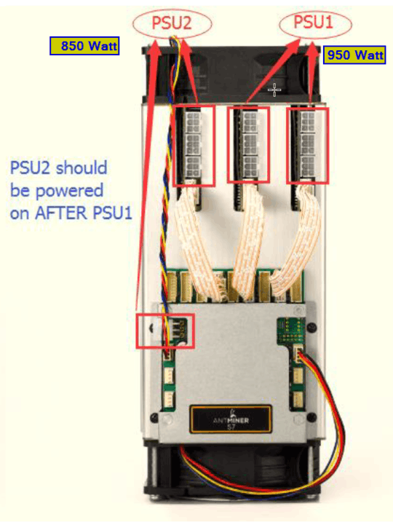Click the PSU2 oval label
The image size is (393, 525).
172,23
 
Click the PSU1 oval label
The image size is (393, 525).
315,23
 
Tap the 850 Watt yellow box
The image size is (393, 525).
84,46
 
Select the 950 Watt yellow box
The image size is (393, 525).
355,55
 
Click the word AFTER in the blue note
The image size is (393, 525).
61,213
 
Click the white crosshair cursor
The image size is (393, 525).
274,90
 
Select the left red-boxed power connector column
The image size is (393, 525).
194,146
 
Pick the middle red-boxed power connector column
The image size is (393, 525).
248,145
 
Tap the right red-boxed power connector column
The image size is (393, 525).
307,146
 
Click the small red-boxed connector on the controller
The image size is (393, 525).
165,331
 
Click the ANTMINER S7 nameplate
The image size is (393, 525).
231,419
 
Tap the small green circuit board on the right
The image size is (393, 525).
291,331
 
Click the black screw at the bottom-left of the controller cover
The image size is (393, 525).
154,417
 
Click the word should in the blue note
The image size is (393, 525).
82,167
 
